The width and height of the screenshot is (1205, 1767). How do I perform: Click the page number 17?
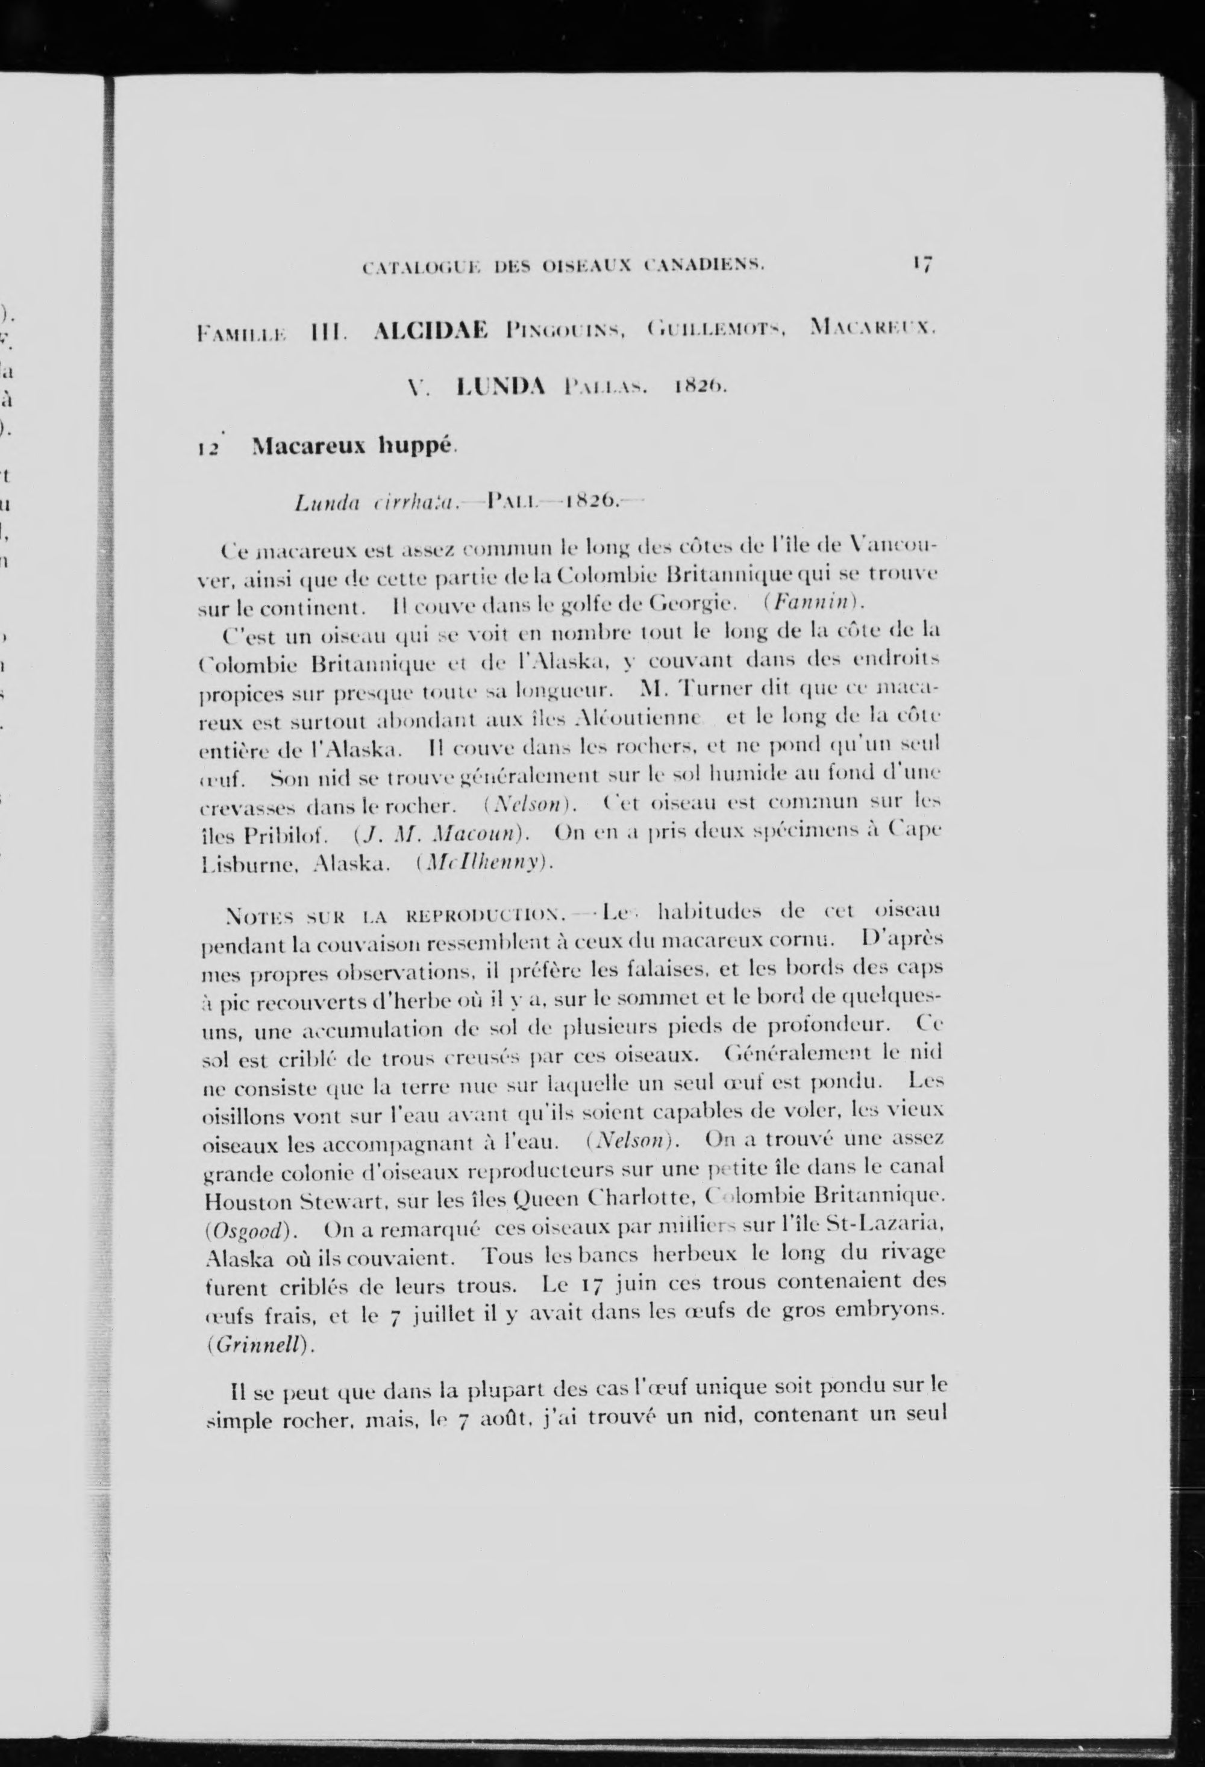pos(923,264)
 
